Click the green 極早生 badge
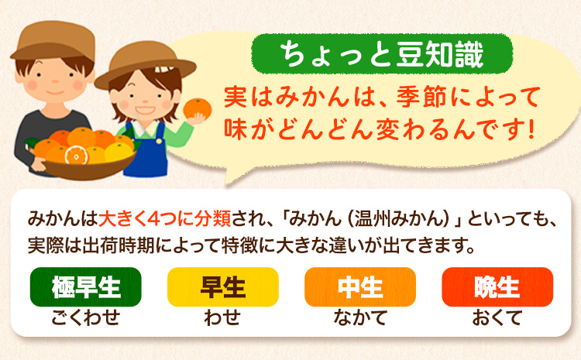click(86, 286)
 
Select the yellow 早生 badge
click(222, 286)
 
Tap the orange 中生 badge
click(360, 286)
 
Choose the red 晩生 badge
click(497, 286)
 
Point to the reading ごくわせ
click(86, 316)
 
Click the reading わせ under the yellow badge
click(222, 316)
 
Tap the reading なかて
click(360, 316)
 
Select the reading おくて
click(497, 316)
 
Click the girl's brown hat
click(144, 60)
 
